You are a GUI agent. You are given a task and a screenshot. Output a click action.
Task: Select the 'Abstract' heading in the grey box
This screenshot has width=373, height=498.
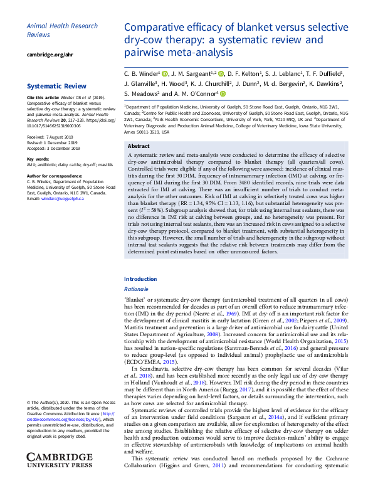point(139,146)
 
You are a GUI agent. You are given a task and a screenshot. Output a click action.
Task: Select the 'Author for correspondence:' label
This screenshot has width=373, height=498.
point(55,176)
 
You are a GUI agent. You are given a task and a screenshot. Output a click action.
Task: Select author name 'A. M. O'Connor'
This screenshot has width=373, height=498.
point(197,93)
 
